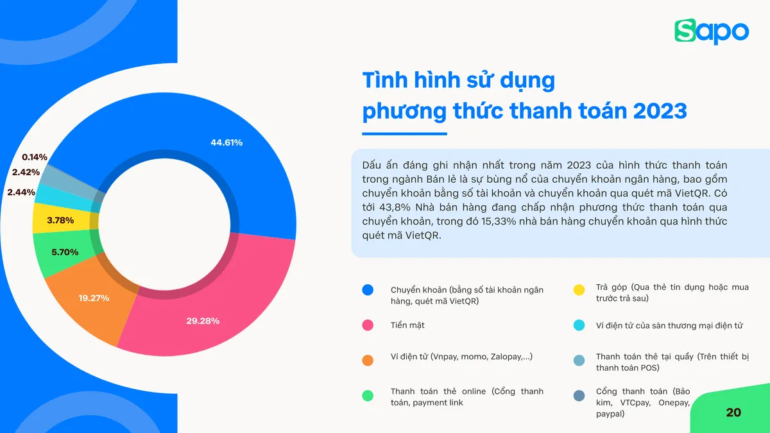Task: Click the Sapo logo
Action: click(x=712, y=31)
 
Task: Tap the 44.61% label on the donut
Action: click(x=227, y=142)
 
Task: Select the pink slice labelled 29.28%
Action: click(x=203, y=320)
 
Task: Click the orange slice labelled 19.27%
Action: click(x=94, y=298)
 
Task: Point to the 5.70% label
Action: click(x=65, y=252)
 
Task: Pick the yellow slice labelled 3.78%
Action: click(x=60, y=220)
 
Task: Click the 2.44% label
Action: click(x=21, y=192)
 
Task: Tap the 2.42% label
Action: click(x=26, y=172)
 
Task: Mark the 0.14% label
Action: click(x=35, y=157)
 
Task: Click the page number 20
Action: click(x=733, y=412)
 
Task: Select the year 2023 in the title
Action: click(x=660, y=111)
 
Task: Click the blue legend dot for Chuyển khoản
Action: click(x=368, y=290)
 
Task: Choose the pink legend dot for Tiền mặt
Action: click(x=368, y=325)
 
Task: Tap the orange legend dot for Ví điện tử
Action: click(x=368, y=361)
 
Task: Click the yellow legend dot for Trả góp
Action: click(x=579, y=290)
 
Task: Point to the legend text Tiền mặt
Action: click(x=407, y=325)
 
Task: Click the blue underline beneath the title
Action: click(x=404, y=134)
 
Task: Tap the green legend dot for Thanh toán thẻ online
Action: click(x=368, y=396)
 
